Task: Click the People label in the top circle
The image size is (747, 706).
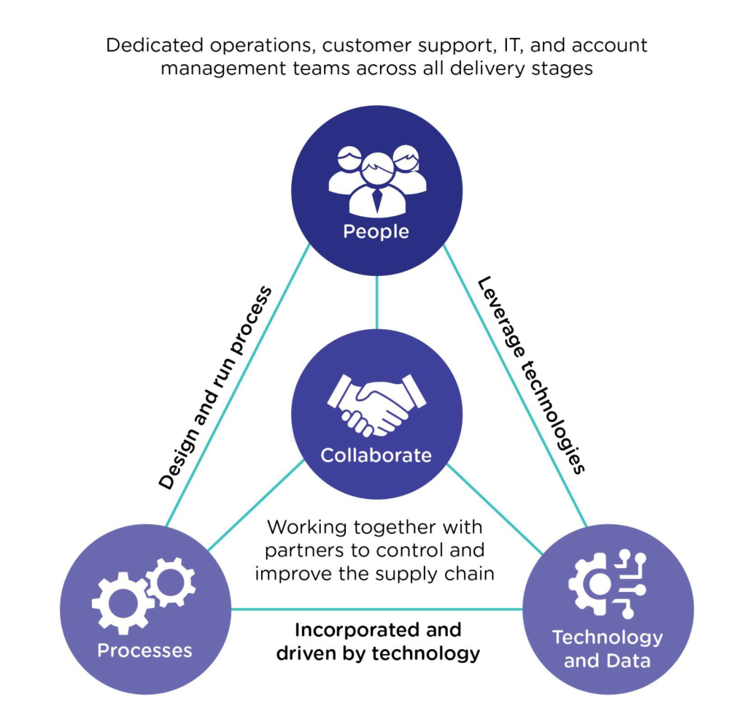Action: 376,231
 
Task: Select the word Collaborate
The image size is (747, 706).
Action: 376,455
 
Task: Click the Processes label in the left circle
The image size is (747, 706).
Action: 144,650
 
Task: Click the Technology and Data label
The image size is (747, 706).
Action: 607,649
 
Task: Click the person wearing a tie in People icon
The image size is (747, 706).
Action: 376,186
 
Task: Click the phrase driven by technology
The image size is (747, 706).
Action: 377,652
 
